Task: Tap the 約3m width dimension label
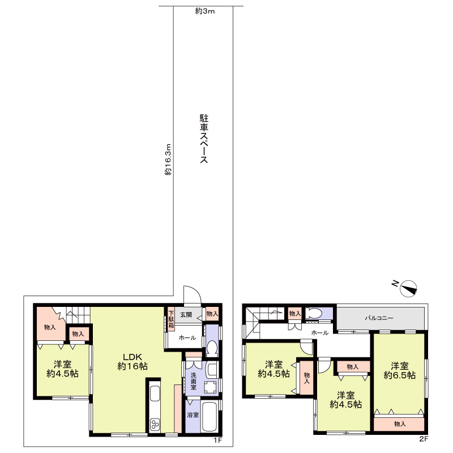pyautogui.click(x=205, y=11)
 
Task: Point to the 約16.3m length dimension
pyautogui.click(x=168, y=160)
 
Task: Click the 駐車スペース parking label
pyautogui.click(x=204, y=139)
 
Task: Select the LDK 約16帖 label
pyautogui.click(x=133, y=361)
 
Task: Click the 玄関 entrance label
pyautogui.click(x=186, y=314)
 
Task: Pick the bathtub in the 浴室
pyautogui.click(x=211, y=417)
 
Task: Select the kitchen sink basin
pyautogui.click(x=155, y=394)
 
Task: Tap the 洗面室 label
pyautogui.click(x=193, y=381)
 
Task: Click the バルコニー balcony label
pyautogui.click(x=379, y=318)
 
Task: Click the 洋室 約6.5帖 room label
pyautogui.click(x=400, y=371)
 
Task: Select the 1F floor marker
pyautogui.click(x=217, y=440)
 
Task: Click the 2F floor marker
pyautogui.click(x=423, y=439)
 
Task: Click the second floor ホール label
pyautogui.click(x=319, y=333)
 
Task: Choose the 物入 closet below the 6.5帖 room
pyautogui.click(x=399, y=424)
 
